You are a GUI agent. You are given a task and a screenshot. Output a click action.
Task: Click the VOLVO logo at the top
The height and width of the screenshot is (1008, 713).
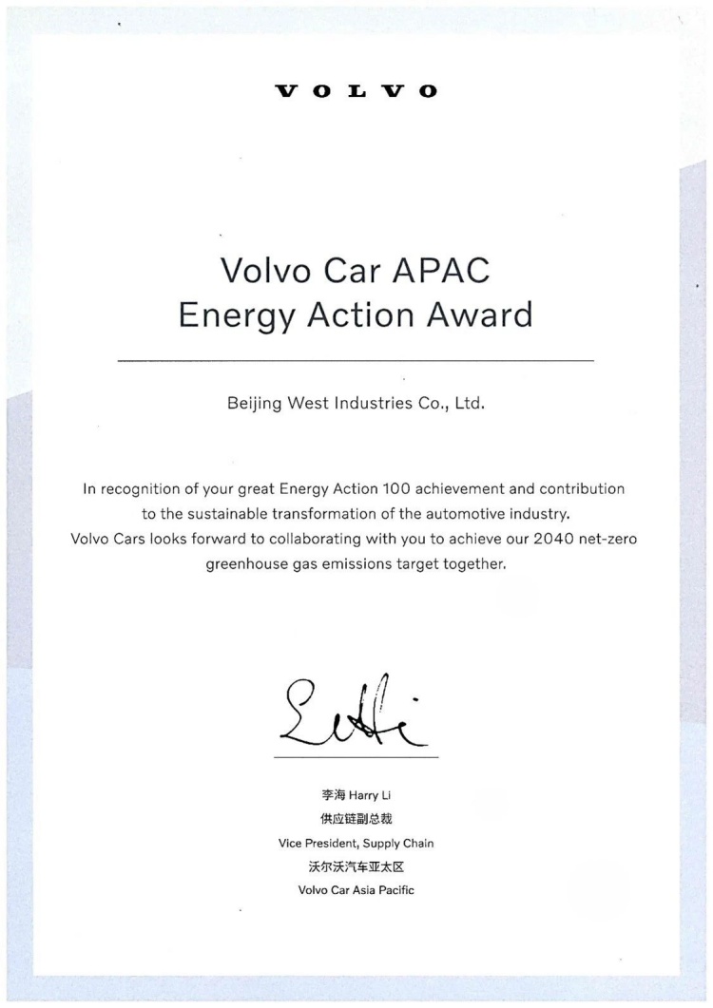pos(356,91)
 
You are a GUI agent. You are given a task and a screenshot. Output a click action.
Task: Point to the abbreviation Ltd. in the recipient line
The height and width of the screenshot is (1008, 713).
pos(470,403)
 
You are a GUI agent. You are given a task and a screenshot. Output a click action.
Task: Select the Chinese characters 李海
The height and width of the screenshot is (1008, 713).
pos(334,794)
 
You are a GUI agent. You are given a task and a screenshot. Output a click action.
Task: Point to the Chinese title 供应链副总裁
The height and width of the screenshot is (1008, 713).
pos(356,818)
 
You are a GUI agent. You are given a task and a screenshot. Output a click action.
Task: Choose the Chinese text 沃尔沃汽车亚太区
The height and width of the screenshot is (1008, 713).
pos(356,866)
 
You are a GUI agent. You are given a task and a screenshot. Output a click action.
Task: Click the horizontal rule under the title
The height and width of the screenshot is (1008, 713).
pos(356,361)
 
